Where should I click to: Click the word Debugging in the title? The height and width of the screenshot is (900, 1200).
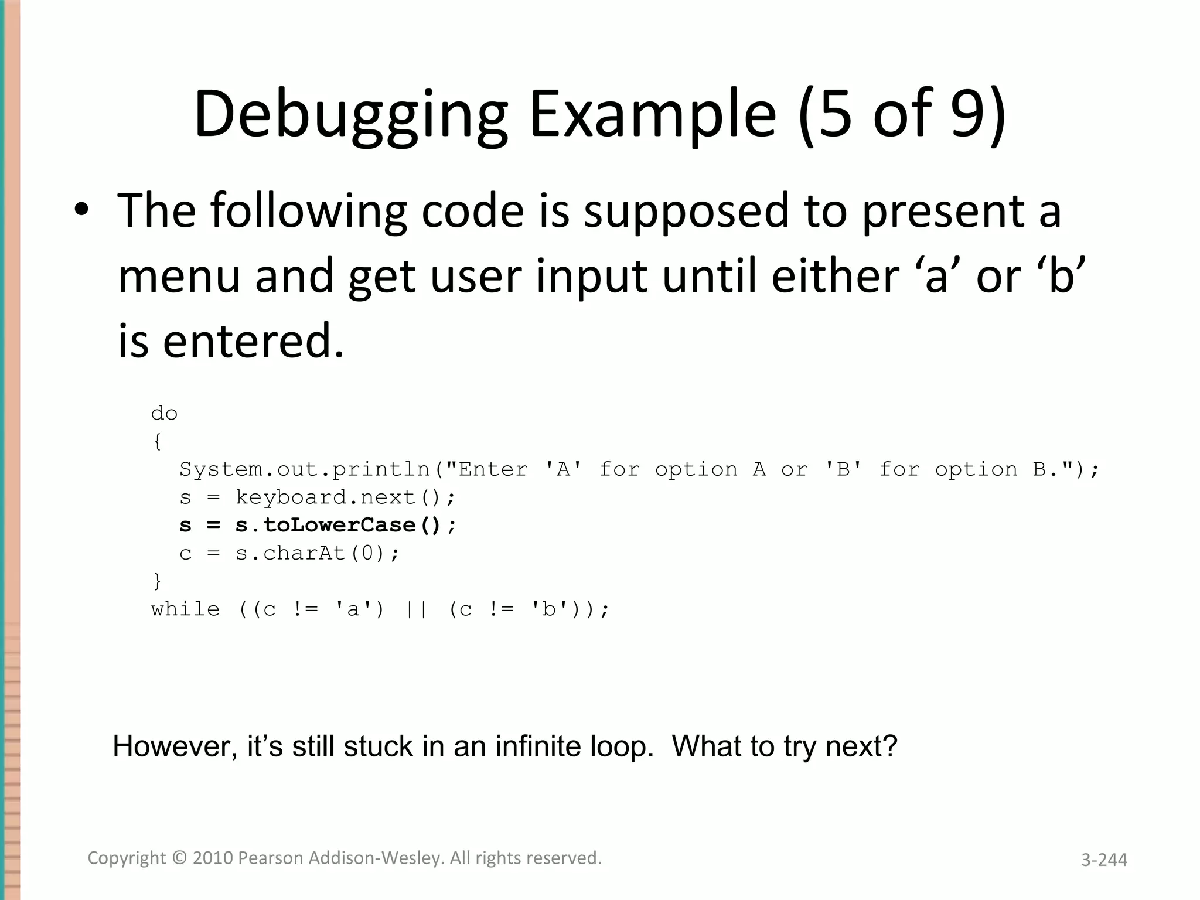pos(350,115)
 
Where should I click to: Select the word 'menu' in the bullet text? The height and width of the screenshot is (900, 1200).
pos(179,276)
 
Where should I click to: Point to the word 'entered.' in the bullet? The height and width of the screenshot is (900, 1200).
pos(253,341)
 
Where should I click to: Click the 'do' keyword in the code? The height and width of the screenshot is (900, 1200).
pos(164,414)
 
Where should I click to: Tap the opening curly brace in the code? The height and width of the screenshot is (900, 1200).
pos(157,441)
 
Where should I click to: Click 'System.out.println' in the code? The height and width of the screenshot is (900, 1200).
pos(305,469)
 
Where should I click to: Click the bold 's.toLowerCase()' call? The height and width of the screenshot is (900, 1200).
pos(337,525)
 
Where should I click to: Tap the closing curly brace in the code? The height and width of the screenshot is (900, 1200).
pos(157,581)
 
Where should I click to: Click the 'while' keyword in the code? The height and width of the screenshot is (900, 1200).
pos(185,609)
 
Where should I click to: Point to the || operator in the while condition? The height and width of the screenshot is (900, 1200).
pos(417,609)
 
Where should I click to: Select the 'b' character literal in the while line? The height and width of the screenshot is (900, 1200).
pos(549,609)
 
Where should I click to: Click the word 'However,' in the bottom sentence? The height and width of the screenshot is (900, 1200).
pos(175,747)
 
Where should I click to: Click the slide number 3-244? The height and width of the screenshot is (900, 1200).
pos(1104,860)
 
